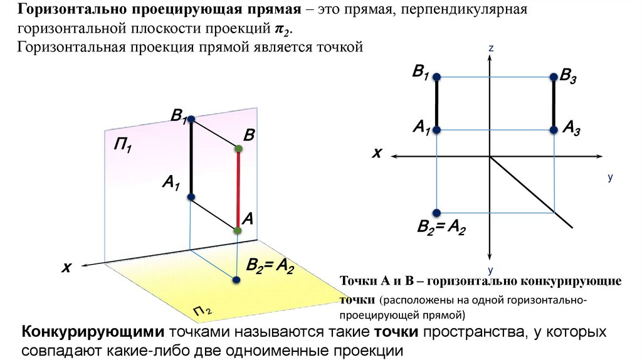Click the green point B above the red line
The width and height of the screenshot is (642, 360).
click(x=238, y=149)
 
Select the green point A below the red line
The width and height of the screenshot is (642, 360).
click(x=238, y=231)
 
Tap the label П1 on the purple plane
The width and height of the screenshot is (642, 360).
click(x=122, y=147)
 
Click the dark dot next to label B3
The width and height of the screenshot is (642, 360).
click(x=554, y=77)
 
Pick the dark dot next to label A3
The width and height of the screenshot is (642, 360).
click(x=554, y=130)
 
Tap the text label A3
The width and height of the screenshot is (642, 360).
click(x=571, y=129)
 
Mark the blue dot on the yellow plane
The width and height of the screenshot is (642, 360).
click(x=236, y=280)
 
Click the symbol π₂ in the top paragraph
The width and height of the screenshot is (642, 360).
click(x=283, y=29)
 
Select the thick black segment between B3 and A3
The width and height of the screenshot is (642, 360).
click(x=554, y=103)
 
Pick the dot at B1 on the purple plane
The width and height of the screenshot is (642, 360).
click(x=191, y=119)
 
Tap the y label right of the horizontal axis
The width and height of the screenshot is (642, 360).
click(x=609, y=178)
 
